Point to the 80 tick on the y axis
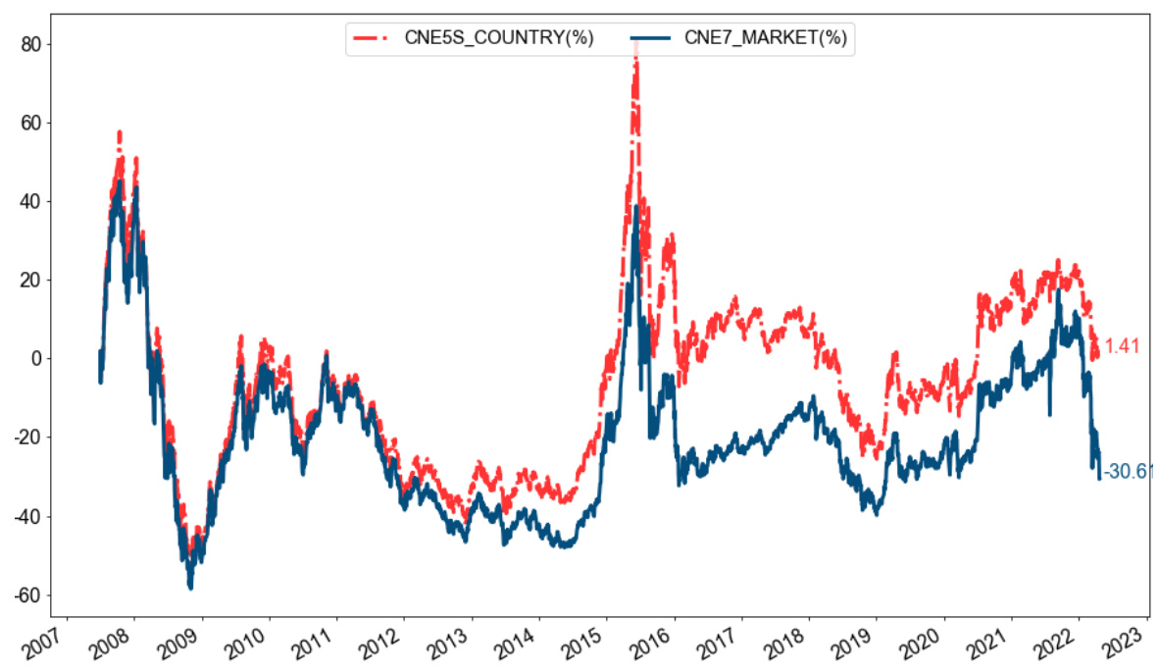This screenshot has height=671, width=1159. (x=42, y=44)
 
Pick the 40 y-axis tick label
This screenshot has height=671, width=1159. (x=42, y=202)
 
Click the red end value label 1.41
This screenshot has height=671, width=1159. (x=1122, y=346)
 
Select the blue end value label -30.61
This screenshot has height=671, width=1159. (x=1128, y=473)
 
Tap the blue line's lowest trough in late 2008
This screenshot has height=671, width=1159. (x=190, y=587)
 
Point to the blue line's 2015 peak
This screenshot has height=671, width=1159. (x=636, y=207)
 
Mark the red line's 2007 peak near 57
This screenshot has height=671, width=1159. (x=119, y=131)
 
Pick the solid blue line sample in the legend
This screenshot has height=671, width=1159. (x=650, y=38)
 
